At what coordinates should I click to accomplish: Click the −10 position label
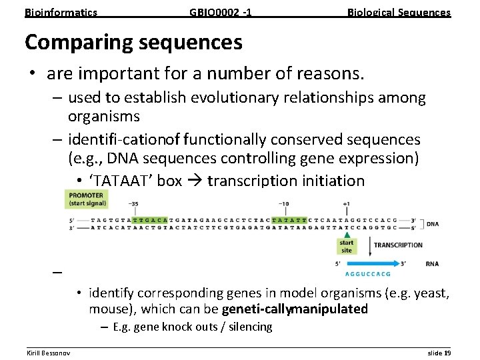283,204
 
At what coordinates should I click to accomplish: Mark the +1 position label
346,204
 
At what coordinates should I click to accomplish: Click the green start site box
347,246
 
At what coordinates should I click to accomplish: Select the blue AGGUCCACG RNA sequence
367,273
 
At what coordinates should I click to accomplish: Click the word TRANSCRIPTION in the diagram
398,245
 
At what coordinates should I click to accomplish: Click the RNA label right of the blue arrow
432,263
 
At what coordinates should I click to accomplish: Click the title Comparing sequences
133,42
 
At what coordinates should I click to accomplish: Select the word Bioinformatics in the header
61,12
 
